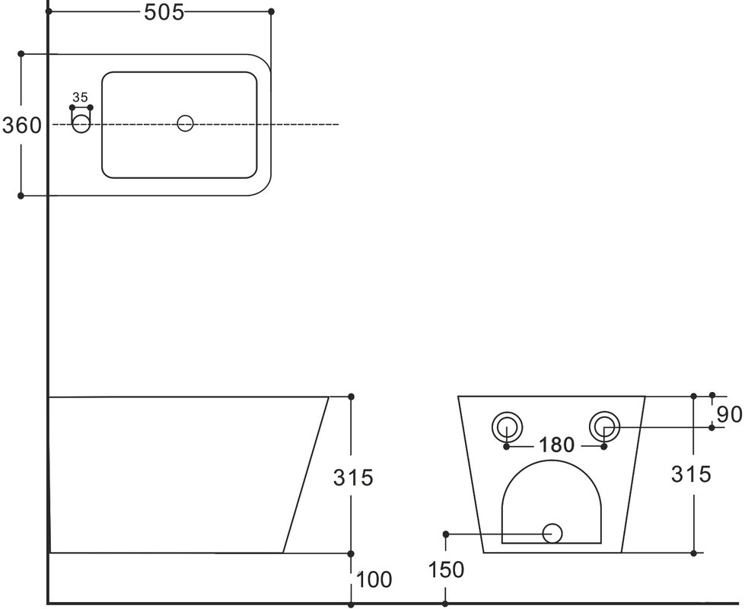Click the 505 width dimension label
164,13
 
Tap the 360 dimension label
22,126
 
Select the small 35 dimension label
80,97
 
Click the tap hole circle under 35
81,124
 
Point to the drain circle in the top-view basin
186,123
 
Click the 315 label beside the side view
353,478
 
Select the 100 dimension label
374,579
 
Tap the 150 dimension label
446,569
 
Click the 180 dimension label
556,445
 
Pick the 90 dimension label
730,415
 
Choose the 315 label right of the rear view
691,474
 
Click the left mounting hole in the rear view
508,427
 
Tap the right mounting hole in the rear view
604,427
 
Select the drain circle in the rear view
552,534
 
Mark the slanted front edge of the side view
306,475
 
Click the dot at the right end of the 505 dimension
272,11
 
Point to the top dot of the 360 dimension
21,54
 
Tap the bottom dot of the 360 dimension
21,196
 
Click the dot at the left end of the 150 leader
446,534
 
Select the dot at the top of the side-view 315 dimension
351,397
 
